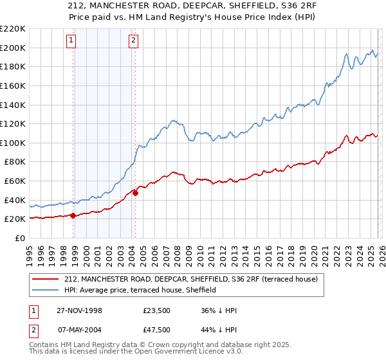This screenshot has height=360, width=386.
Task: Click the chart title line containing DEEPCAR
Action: (193, 7)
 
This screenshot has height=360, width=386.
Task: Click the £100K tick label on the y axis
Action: (13, 143)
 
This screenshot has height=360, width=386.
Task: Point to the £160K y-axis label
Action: (13, 85)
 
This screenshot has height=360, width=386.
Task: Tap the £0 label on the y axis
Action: (21, 238)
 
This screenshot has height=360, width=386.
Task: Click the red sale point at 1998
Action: (73, 216)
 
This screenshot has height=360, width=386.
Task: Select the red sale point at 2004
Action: (135, 193)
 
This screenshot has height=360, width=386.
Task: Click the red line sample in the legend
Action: (46, 278)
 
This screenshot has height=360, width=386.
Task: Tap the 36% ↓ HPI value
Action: (219, 310)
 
